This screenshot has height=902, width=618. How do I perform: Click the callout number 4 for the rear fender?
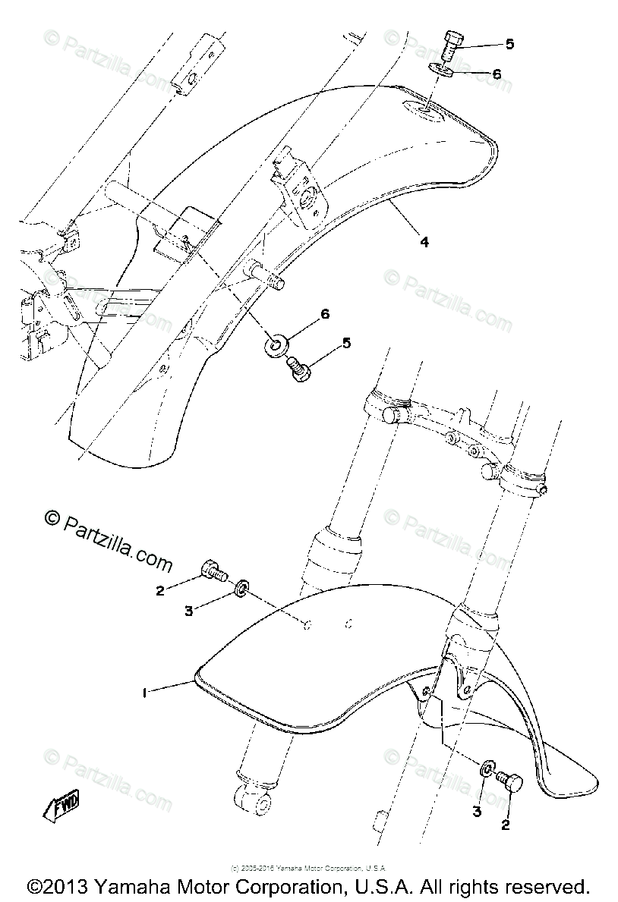pyautogui.click(x=424, y=243)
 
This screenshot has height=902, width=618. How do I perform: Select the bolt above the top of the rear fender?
pyautogui.click(x=450, y=44)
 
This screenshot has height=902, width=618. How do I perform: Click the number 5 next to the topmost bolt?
pyautogui.click(x=509, y=44)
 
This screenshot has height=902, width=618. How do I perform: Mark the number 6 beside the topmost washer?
pyautogui.click(x=497, y=74)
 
